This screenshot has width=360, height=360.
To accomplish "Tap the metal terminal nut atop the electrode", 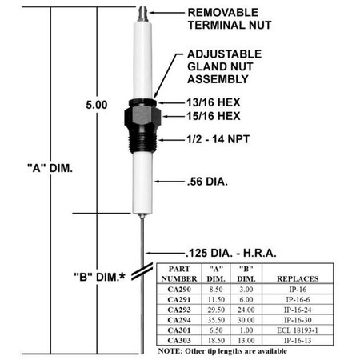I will click(x=141, y=14).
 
